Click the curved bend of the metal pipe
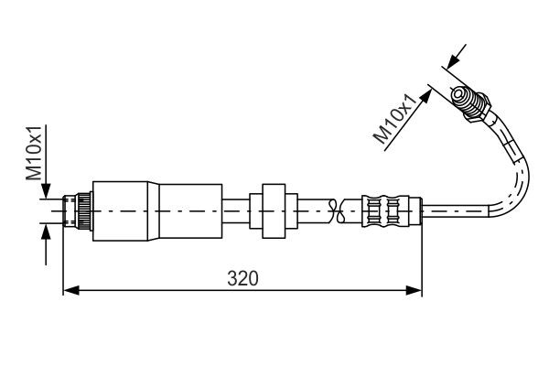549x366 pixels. (x=518, y=188)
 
